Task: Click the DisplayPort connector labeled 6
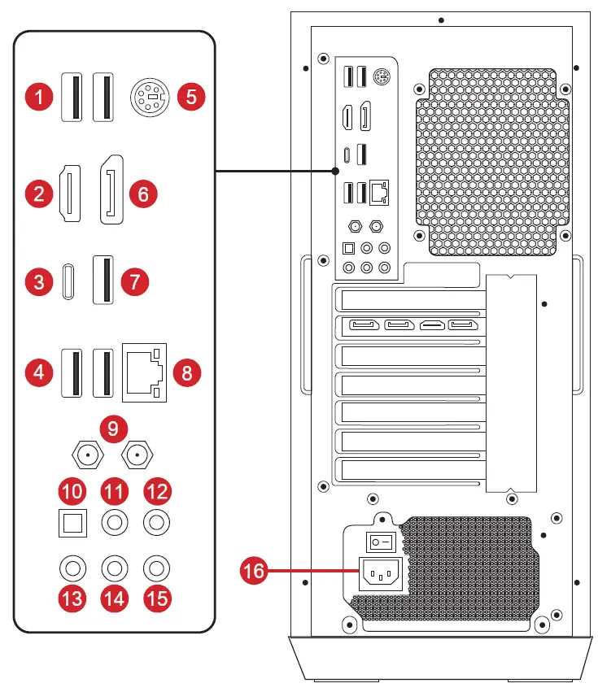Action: [x=111, y=189]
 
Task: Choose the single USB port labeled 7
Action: [x=103, y=280]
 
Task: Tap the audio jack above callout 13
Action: [x=72, y=567]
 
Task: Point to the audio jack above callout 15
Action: [x=155, y=567]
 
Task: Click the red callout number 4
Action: [x=37, y=372]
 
